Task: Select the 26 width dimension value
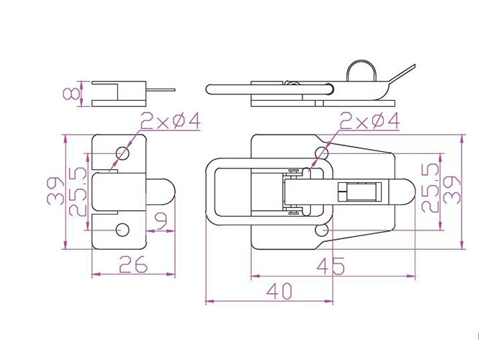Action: pyautogui.click(x=133, y=264)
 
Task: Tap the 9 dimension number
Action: pyautogui.click(x=161, y=222)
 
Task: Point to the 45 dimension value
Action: pyautogui.click(x=330, y=266)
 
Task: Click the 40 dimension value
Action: pyautogui.click(x=279, y=291)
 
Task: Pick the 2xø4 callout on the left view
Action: pyautogui.click(x=171, y=120)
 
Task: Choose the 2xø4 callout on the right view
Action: pyautogui.click(x=369, y=121)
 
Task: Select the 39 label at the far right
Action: pyautogui.click(x=451, y=189)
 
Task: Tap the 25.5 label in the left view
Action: pyautogui.click(x=78, y=192)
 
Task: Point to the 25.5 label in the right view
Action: pyautogui.click(x=430, y=188)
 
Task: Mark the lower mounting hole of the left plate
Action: pyautogui.click(x=122, y=230)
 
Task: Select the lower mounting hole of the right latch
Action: pyautogui.click(x=322, y=230)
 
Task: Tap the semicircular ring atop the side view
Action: pyautogui.click(x=361, y=71)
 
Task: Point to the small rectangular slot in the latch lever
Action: pyautogui.click(x=359, y=192)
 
